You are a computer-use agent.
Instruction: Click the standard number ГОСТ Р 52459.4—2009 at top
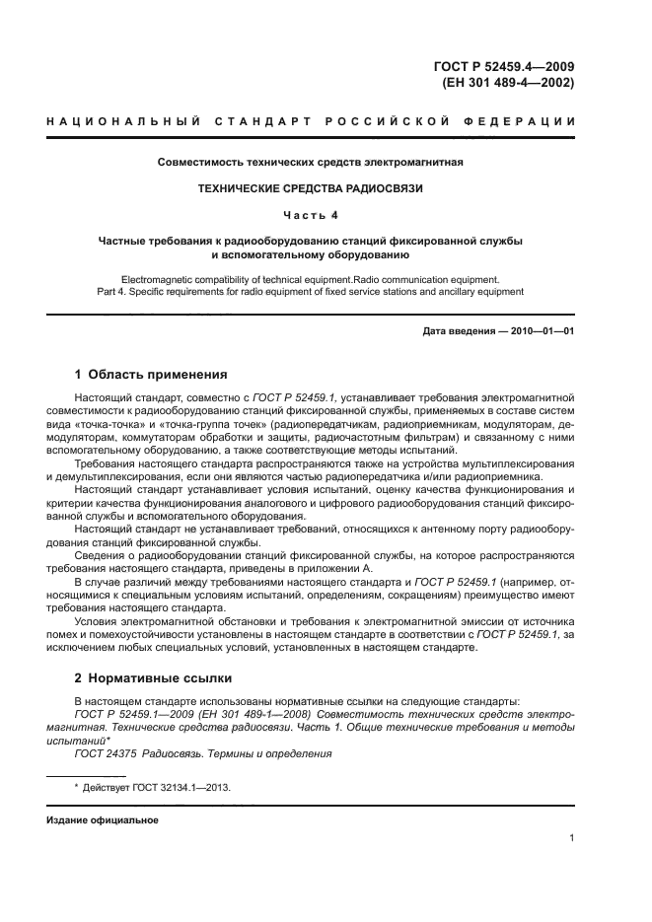pos(504,66)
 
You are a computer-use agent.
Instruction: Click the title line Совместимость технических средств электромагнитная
pos(311,162)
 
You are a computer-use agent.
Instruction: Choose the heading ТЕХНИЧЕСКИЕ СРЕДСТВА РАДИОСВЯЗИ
pos(311,187)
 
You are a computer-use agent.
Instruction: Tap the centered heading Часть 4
pos(311,214)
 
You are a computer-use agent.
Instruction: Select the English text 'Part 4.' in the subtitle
pos(113,292)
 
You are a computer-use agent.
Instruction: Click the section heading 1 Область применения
pos(151,375)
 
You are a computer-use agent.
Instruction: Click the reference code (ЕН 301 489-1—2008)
pos(257,713)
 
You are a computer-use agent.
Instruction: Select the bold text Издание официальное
pos(103,820)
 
